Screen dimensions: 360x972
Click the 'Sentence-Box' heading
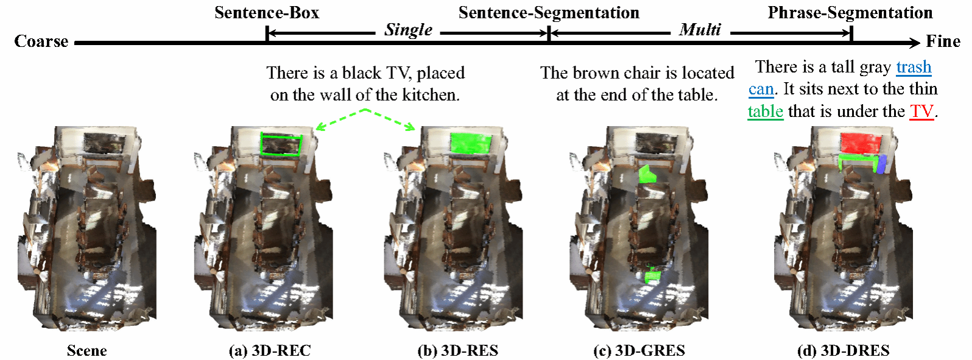(x=266, y=13)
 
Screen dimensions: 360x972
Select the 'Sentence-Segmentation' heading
(x=549, y=13)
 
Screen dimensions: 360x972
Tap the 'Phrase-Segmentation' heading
(x=850, y=13)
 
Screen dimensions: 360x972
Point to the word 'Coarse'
(x=41, y=41)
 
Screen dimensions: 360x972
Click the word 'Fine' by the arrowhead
(x=943, y=41)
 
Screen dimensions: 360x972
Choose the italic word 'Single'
(x=408, y=30)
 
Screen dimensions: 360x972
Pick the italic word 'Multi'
(x=700, y=30)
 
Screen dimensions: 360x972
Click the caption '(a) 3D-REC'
(x=269, y=350)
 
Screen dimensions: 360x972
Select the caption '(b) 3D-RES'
(x=457, y=350)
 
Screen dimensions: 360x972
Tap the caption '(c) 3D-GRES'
(x=639, y=350)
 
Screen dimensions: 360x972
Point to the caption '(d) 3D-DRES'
(x=843, y=350)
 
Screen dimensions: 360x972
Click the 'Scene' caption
(x=86, y=350)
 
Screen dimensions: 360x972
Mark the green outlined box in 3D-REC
(x=281, y=144)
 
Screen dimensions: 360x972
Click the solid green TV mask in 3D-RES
(x=471, y=143)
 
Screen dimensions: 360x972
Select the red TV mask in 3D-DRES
(x=860, y=143)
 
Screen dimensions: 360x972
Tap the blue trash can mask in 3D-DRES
(x=881, y=164)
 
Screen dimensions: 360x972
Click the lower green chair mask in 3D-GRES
(x=653, y=275)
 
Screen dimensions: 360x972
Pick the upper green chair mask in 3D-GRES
(x=646, y=175)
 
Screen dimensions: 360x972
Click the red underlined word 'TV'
(x=921, y=111)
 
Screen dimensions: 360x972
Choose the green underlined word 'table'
(x=765, y=111)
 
